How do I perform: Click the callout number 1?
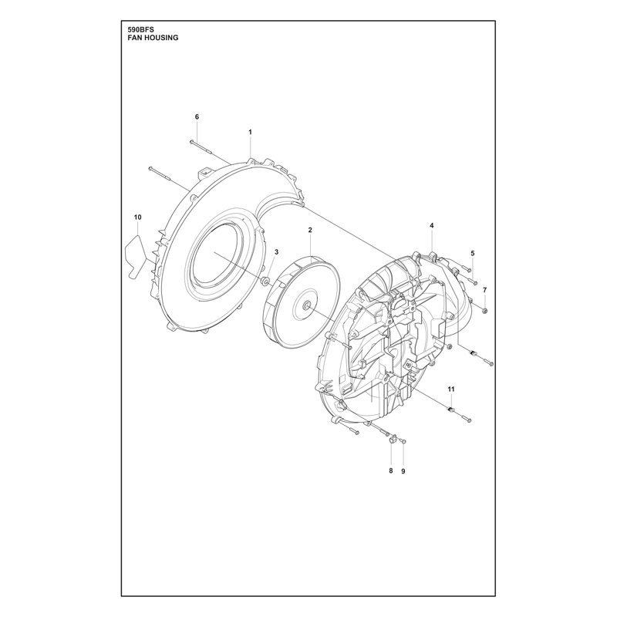250,132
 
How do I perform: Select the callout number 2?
310,230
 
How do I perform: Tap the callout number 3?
277,252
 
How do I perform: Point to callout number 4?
432,225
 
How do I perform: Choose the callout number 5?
473,254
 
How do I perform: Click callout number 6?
197,117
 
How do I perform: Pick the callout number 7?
485,290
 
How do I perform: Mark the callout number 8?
391,470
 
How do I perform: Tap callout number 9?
403,471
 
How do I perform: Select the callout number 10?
138,217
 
